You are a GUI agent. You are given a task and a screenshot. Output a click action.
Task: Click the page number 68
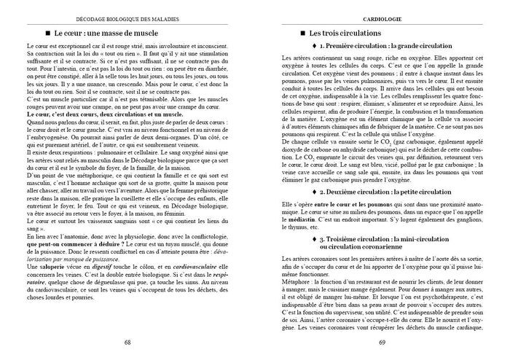pyautogui.click(x=127, y=341)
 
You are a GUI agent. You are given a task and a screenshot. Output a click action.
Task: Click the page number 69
pyautogui.click(x=382, y=341)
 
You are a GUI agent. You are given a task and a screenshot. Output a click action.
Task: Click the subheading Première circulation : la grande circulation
pyautogui.click(x=385, y=45)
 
